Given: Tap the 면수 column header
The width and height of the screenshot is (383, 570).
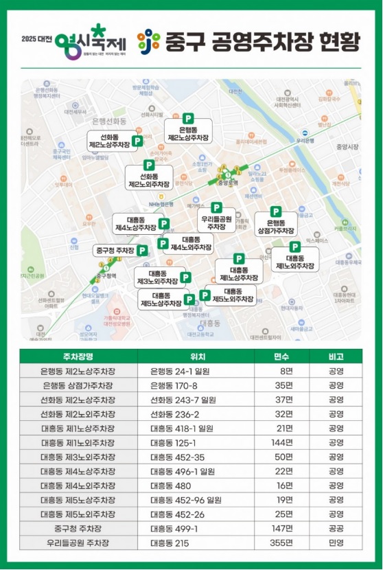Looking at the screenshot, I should point(281,357).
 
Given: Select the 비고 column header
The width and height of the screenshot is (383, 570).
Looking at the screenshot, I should point(336,357).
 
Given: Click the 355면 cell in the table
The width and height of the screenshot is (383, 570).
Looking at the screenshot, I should point(281,543).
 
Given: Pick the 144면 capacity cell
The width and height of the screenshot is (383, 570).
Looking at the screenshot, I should point(281,442).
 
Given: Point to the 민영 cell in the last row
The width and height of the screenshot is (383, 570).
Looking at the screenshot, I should point(336,543).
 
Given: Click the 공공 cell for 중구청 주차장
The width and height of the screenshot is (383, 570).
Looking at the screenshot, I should point(336,529).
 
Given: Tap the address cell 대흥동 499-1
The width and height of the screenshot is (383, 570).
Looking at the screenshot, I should point(174,529).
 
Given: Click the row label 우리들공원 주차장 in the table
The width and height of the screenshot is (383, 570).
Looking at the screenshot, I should point(78,543).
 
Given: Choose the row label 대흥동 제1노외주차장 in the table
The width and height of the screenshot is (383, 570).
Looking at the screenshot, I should point(78,442).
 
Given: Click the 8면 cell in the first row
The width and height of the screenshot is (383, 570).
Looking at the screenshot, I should point(286,371).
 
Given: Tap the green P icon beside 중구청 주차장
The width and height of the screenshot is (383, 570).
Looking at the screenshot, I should point(141,251).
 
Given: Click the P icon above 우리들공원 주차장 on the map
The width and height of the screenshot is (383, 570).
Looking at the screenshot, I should point(216,207).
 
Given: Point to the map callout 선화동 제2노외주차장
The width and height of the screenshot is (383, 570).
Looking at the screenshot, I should point(149,180).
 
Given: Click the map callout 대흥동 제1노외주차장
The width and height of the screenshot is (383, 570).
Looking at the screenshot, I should point(295,261).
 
